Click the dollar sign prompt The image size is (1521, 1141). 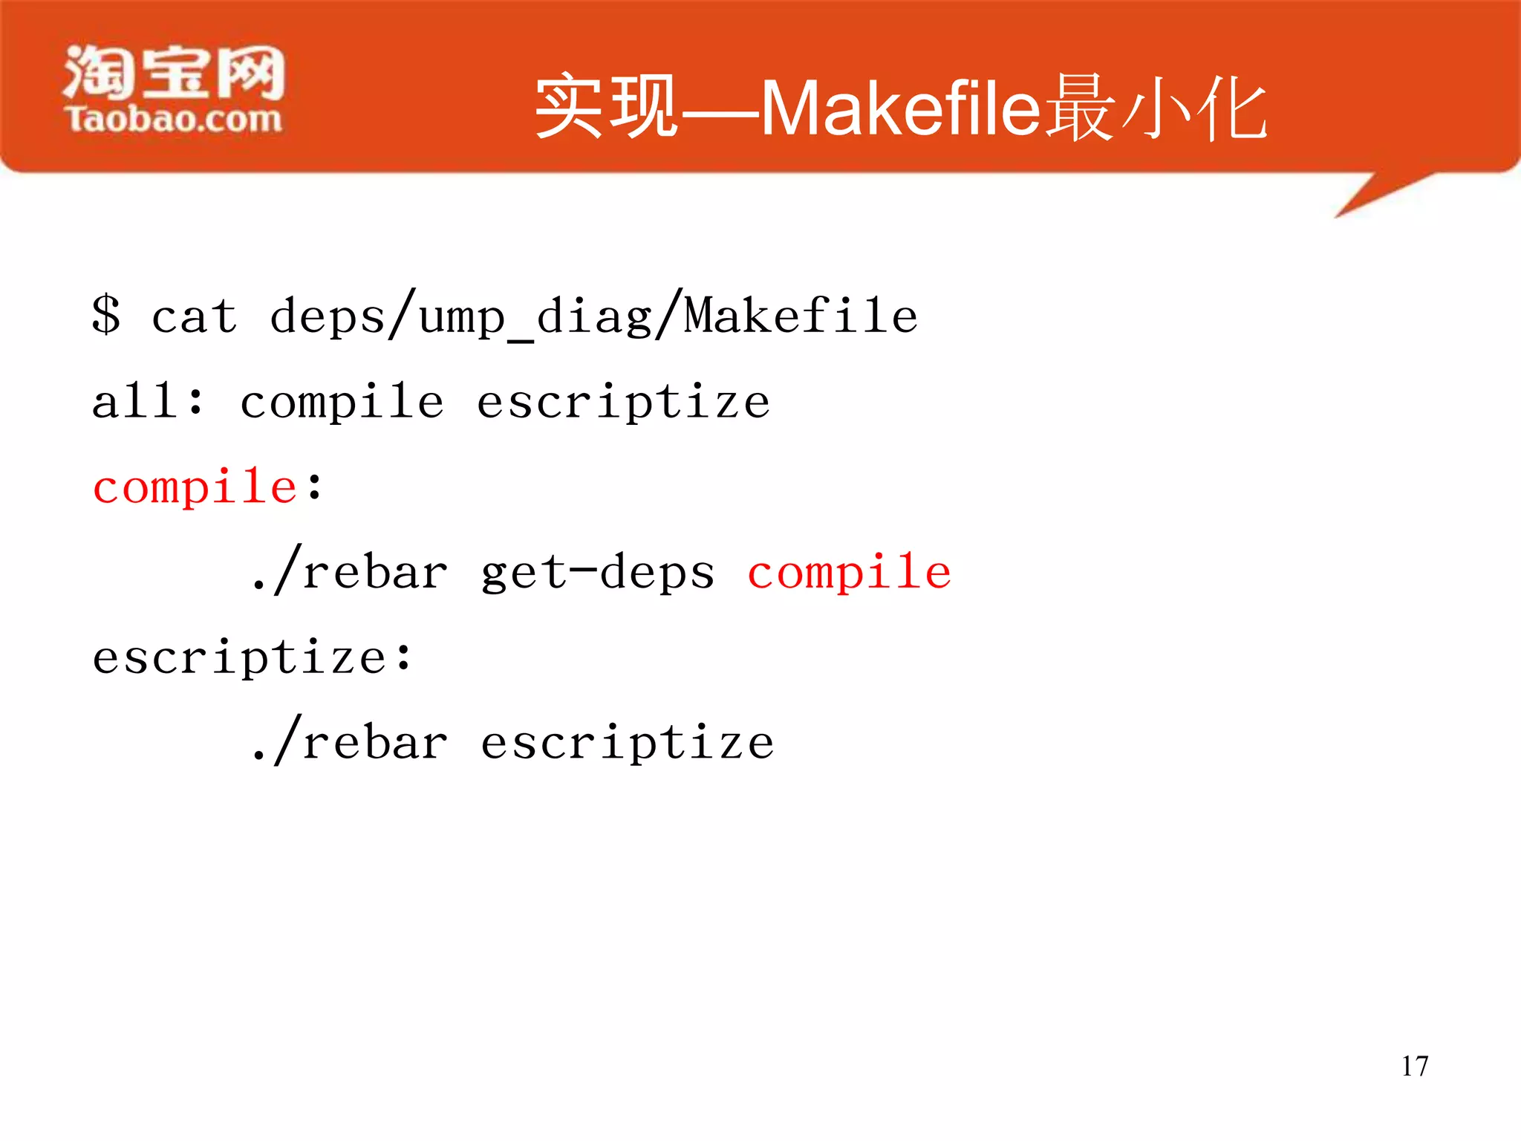106,315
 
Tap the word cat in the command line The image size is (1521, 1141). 195,316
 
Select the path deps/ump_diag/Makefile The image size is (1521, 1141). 593,316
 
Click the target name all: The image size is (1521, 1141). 148,401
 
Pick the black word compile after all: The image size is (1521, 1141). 342,403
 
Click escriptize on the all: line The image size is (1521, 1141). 623,403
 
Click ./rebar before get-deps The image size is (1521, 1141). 350,572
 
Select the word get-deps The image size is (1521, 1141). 598,573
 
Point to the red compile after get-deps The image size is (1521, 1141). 849,573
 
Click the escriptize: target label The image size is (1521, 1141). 252,658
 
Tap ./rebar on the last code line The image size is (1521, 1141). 350,742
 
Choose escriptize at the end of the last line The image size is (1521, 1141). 628,744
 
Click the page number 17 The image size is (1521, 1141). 1415,1067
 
